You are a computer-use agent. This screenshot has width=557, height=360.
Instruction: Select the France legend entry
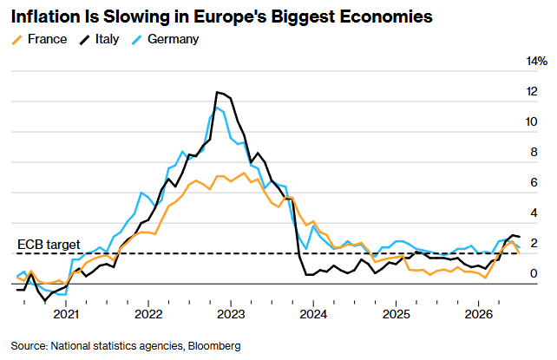39,39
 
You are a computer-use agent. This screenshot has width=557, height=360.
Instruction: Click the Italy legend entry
99,39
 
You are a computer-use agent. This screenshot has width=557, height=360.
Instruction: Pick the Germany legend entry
165,39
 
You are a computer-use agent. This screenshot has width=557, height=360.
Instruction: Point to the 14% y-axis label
537,62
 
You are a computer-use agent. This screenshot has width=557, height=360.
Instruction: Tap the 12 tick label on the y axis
532,92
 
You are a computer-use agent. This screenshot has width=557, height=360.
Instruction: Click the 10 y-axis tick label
532,122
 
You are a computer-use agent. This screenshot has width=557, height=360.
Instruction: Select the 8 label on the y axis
534,153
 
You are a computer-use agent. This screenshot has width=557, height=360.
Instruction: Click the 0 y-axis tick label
534,273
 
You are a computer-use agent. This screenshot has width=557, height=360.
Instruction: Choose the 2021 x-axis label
66,314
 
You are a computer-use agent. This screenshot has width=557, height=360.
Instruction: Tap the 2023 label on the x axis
231,314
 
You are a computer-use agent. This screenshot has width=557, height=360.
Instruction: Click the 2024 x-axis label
313,314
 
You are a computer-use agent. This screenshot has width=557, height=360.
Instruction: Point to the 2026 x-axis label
479,314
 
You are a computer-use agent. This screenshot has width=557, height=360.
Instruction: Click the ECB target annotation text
49,245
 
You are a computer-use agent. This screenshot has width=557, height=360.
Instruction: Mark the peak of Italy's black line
217,92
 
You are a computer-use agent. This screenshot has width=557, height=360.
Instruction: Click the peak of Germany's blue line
217,108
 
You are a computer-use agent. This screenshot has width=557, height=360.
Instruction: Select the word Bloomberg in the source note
214,346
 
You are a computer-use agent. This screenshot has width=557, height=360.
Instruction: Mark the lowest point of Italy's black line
45,301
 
